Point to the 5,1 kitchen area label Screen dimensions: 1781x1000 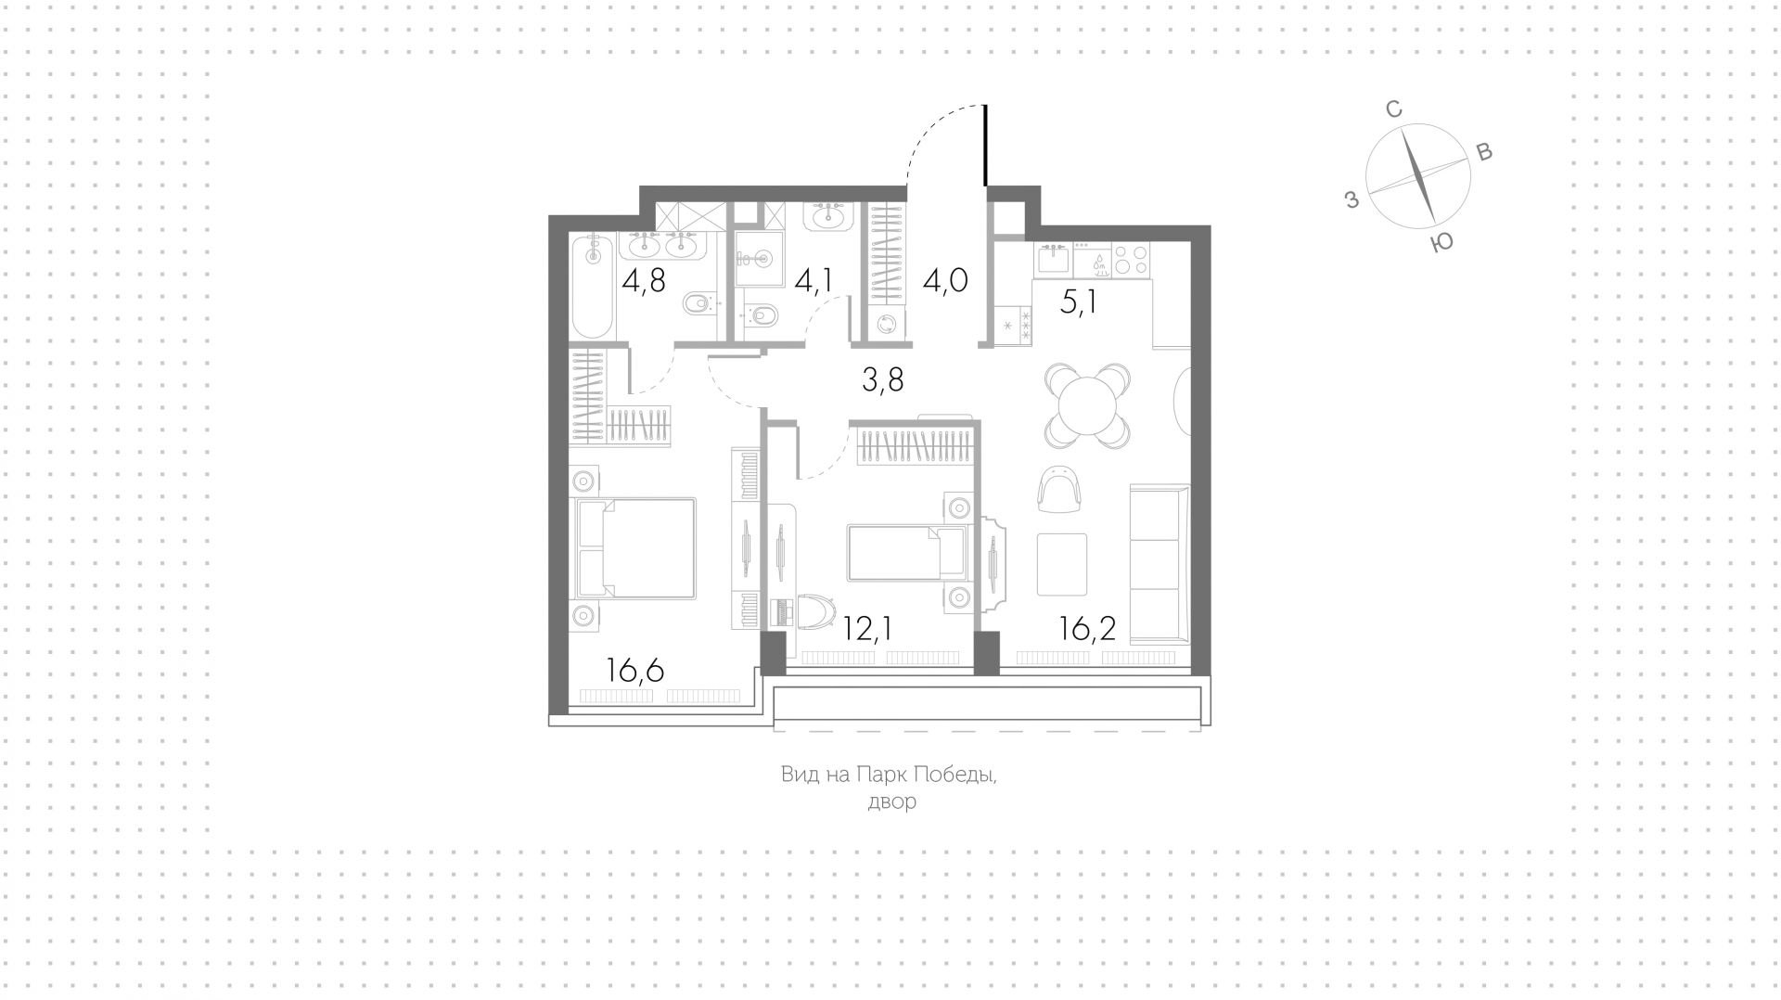point(1079,302)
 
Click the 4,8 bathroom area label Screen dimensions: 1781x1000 point(643,279)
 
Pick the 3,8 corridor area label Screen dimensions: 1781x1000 point(882,378)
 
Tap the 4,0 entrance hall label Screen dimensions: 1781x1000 point(945,279)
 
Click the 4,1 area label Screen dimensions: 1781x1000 point(814,279)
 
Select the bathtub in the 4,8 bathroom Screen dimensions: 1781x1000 point(592,288)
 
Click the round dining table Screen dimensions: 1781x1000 point(1087,405)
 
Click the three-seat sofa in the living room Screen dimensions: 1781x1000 point(1158,562)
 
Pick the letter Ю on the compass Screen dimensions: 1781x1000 point(1441,242)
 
